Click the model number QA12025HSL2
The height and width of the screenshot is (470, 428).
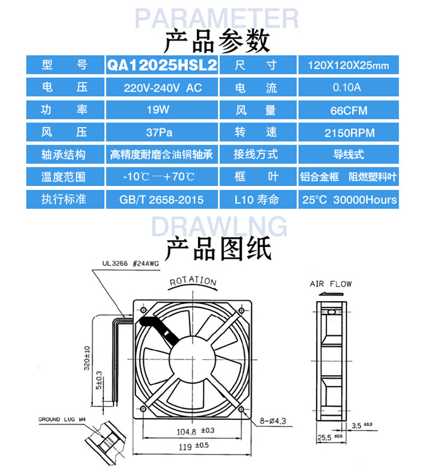point(162,65)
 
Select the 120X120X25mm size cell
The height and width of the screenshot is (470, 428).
point(348,65)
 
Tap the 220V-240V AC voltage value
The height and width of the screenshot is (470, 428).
point(162,87)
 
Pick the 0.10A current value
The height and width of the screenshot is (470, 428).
point(348,87)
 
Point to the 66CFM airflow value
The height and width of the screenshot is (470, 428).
point(348,110)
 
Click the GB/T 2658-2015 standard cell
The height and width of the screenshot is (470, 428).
point(162,199)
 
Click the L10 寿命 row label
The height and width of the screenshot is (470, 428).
point(257,199)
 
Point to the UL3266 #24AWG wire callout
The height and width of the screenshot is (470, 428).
point(131,264)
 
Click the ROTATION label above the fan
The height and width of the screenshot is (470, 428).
point(193,281)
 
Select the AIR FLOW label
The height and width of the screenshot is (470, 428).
point(331,284)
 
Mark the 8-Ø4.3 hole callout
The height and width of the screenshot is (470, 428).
point(273,421)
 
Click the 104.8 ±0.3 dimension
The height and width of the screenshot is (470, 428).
point(195,432)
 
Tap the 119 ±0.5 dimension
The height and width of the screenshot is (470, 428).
point(194,446)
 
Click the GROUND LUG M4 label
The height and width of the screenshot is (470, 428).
point(62,419)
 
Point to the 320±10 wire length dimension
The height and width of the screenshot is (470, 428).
point(87,358)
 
